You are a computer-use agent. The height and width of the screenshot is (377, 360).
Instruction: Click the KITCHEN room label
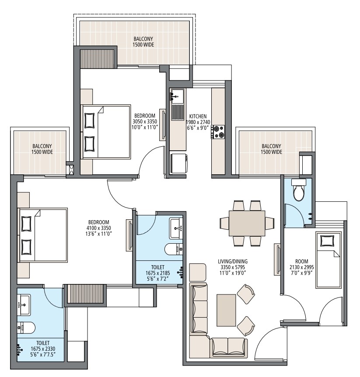point(198,116)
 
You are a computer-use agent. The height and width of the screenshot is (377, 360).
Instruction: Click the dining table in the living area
point(247,223)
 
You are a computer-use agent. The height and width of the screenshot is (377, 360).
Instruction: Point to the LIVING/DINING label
point(233,262)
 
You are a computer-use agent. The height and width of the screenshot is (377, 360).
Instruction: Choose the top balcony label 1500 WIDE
point(143,45)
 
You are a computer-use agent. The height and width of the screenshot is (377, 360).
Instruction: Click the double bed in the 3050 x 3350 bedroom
point(106,131)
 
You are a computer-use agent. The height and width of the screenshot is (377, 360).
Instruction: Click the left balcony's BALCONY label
point(42,146)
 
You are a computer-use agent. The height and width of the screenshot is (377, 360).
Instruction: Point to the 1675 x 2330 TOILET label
point(42,343)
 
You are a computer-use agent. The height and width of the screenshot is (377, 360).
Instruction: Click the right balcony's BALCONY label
point(272,146)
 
